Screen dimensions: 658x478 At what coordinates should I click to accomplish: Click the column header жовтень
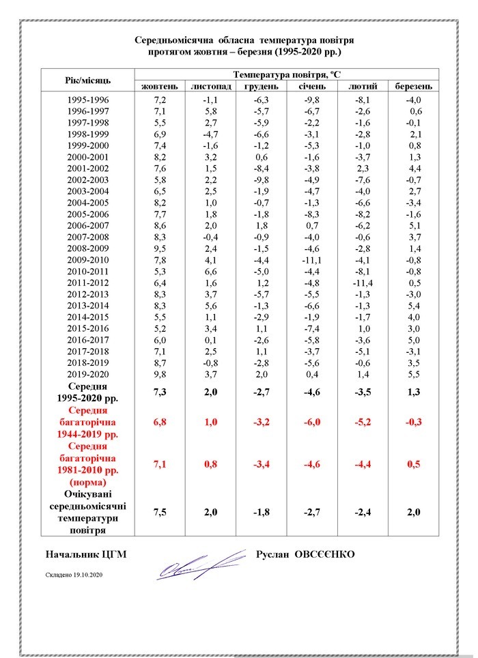pyautogui.click(x=160, y=87)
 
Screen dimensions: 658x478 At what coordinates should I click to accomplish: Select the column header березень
pyautogui.click(x=413, y=87)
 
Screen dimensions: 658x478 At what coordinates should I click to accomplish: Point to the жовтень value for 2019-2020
pyautogui.click(x=160, y=374)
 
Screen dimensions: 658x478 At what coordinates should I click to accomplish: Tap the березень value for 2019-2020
pyautogui.click(x=414, y=374)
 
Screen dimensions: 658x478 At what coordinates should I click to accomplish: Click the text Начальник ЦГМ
pyautogui.click(x=86, y=554)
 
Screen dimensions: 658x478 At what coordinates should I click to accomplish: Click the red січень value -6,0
pyautogui.click(x=312, y=422)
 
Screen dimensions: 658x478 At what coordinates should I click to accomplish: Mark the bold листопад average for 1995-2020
pyautogui.click(x=209, y=392)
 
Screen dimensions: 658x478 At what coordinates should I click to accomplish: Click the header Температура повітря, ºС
pyautogui.click(x=286, y=74)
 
